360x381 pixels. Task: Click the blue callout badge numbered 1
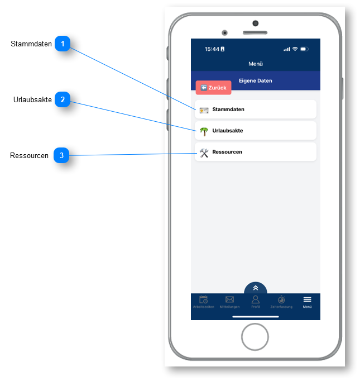tap(63, 44)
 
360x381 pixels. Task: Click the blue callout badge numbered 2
tap(63, 100)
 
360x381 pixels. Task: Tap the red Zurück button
tap(213, 88)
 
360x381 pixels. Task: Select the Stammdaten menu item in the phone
tap(256, 109)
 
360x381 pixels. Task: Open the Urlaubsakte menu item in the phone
tap(256, 131)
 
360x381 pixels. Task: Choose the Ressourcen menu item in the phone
tap(256, 152)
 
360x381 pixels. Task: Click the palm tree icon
tap(204, 131)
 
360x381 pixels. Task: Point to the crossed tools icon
tap(204, 153)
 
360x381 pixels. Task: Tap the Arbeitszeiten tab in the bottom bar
tap(204, 302)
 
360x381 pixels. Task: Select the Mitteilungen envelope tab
tap(229, 302)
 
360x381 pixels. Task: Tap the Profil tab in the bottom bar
tap(256, 302)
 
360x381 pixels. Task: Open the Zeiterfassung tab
tap(281, 302)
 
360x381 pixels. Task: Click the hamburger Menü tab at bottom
tap(308, 302)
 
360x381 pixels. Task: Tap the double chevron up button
tap(256, 288)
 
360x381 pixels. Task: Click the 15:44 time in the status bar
tap(212, 49)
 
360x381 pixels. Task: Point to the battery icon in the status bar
tap(304, 49)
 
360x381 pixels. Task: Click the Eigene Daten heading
tap(256, 81)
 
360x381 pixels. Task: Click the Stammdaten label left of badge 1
tap(31, 44)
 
